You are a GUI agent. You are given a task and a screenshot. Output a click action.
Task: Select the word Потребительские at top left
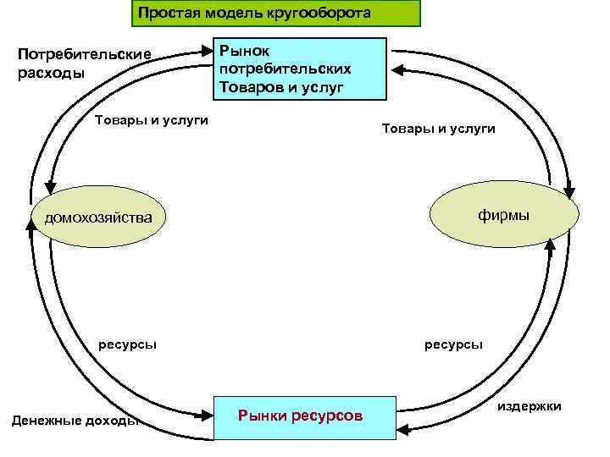pos(85,55)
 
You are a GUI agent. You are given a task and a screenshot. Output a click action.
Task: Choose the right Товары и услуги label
pos(439,128)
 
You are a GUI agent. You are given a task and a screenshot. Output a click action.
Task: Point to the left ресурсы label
pos(127,344)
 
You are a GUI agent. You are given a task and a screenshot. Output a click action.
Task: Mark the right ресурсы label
pos(454,344)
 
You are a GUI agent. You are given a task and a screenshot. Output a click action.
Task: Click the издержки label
pos(529,407)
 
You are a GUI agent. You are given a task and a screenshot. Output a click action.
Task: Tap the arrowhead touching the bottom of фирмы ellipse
pos(549,243)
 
